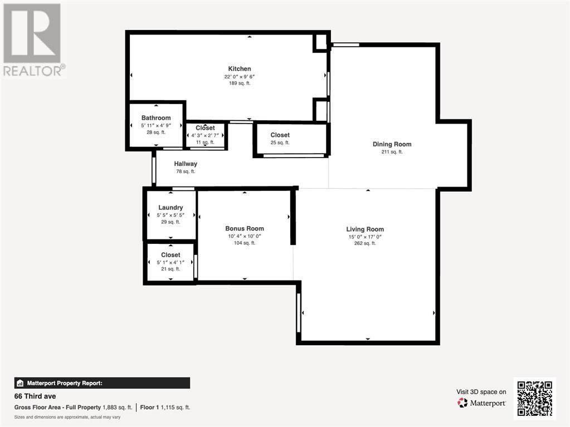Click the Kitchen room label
pyautogui.click(x=240, y=68)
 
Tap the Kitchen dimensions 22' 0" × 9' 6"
pyautogui.click(x=240, y=77)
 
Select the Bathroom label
pyautogui.click(x=156, y=117)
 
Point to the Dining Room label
pyautogui.click(x=392, y=144)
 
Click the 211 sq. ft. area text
pyautogui.click(x=392, y=152)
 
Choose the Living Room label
pyautogui.click(x=365, y=229)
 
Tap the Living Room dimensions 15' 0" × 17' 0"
pyautogui.click(x=365, y=237)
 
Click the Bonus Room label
pyautogui.click(x=245, y=228)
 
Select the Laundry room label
pyautogui.click(x=170, y=208)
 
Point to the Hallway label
pyautogui.click(x=186, y=164)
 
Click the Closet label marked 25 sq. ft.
pyautogui.click(x=280, y=135)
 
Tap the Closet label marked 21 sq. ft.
pyautogui.click(x=170, y=255)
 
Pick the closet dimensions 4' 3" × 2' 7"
pyautogui.click(x=205, y=135)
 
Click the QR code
pyautogui.click(x=535, y=398)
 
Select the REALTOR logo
pyautogui.click(x=33, y=40)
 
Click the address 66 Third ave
pyautogui.click(x=35, y=396)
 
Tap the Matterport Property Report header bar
pyautogui.click(x=102, y=383)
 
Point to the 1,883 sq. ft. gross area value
pyautogui.click(x=118, y=408)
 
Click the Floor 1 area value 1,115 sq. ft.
pyautogui.click(x=175, y=408)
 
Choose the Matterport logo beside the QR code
pyautogui.click(x=481, y=403)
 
